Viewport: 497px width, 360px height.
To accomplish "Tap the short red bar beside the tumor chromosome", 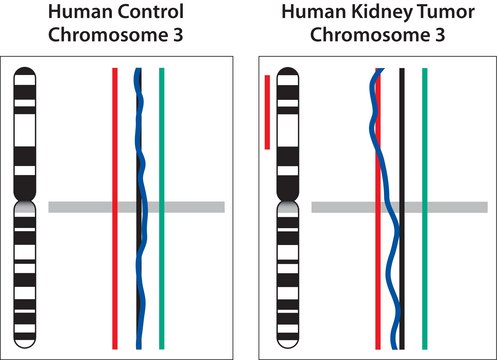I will pos(267,110).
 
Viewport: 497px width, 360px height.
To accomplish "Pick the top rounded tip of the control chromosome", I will pos(26,72).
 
